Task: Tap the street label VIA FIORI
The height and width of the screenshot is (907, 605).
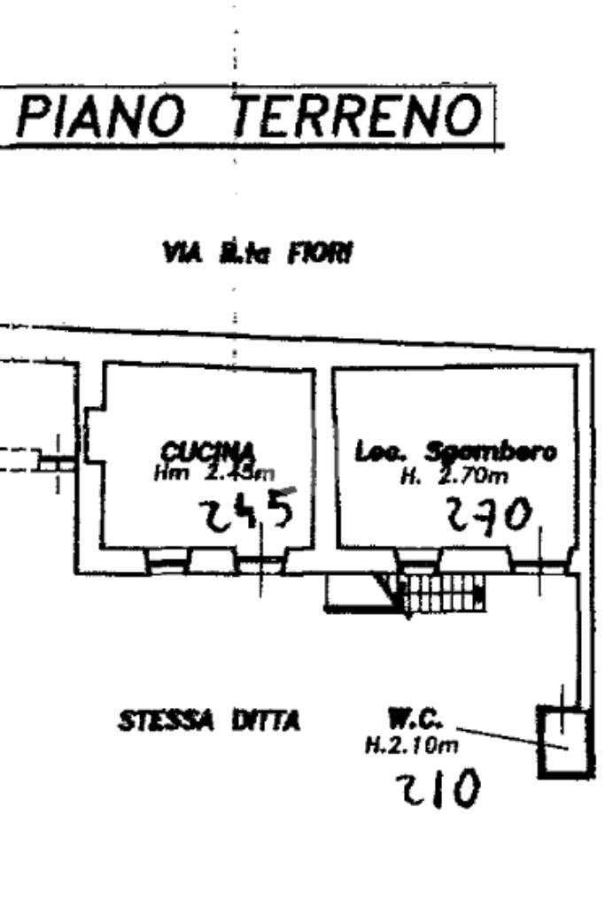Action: (x=256, y=255)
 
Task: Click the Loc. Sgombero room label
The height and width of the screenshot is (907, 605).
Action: (x=455, y=452)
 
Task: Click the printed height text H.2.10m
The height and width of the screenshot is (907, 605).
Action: (x=412, y=745)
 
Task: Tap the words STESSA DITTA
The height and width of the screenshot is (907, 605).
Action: (x=210, y=721)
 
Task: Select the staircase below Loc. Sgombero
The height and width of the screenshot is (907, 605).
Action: (x=442, y=593)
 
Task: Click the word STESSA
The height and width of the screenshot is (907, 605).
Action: (x=166, y=721)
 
